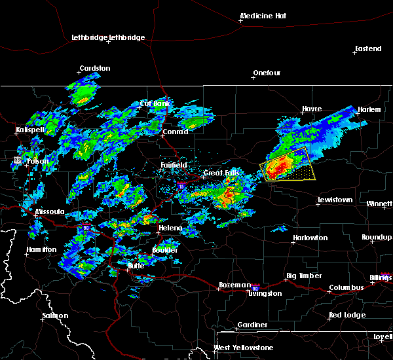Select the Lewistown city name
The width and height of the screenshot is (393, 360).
coord(335,200)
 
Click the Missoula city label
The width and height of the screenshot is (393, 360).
coord(50,211)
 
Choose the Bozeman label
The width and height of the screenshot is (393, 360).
coord(234,285)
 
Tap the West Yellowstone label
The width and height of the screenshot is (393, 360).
coord(244,347)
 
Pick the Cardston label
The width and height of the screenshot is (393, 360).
coord(95,68)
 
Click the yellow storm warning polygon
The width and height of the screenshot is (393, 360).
coord(289,164)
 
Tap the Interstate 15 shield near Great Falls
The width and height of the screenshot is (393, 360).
coord(182,187)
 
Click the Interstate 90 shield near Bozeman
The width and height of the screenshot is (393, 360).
coord(255,287)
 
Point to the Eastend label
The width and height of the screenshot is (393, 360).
coord(367,48)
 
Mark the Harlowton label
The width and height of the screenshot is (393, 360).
coord(310,238)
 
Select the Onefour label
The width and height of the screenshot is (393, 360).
coord(267,72)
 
